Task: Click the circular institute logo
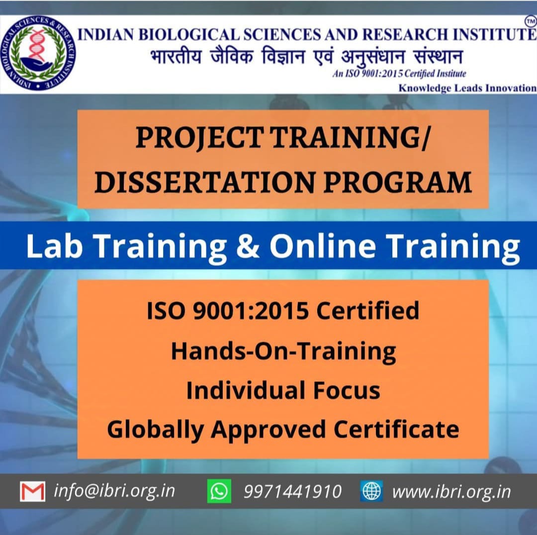38,54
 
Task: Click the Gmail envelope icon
32,491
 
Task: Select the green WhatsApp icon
219,491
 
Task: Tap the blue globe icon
371,491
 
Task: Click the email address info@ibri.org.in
114,491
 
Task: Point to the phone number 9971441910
292,491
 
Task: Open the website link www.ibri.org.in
451,491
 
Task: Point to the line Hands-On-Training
283,351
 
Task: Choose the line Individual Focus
283,390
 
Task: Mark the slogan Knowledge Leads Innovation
467,88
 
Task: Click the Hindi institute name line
306,57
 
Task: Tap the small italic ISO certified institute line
399,74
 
